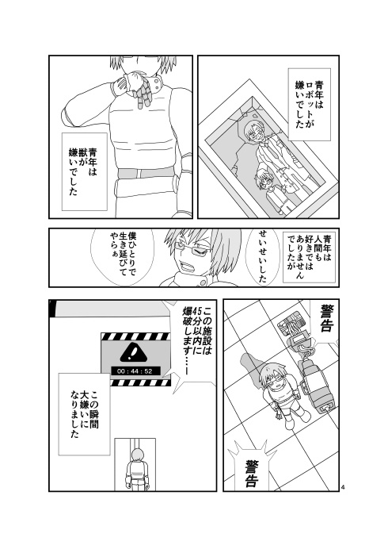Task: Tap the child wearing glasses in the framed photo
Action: (x=264, y=187)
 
